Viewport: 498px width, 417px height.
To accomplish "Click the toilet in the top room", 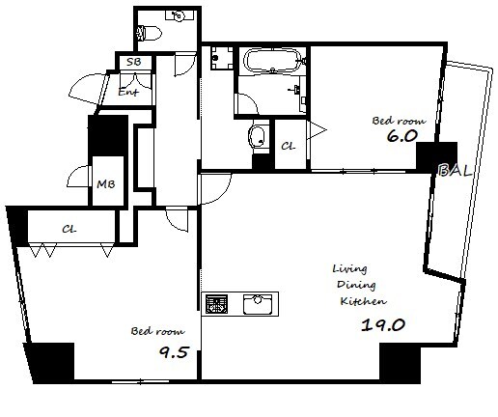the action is [150, 33].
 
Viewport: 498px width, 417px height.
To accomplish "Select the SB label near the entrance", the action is [134, 62].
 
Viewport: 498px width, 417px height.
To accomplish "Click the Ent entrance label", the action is [128, 93].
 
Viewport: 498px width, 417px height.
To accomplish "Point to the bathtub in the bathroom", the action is [272, 60].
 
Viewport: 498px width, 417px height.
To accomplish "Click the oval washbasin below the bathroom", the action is [258, 135].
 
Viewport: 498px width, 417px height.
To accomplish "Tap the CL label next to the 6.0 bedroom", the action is [289, 146].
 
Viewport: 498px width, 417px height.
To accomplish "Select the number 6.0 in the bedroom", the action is [401, 136].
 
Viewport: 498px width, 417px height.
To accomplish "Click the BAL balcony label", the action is [455, 170].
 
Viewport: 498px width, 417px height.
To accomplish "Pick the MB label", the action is [106, 184].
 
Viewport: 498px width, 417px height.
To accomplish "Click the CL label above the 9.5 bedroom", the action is [69, 230].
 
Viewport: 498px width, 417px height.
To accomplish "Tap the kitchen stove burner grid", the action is [216, 304].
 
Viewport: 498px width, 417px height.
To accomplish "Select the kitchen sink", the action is [258, 304].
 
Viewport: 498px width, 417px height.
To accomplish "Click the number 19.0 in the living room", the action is [383, 325].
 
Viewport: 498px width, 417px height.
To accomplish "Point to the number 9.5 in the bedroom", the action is [174, 352].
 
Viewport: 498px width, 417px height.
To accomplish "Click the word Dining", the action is [356, 286].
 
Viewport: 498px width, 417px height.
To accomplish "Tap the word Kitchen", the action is [364, 301].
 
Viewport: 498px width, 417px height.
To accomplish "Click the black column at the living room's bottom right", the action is [401, 363].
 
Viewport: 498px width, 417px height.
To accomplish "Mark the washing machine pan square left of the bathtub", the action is [222, 58].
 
